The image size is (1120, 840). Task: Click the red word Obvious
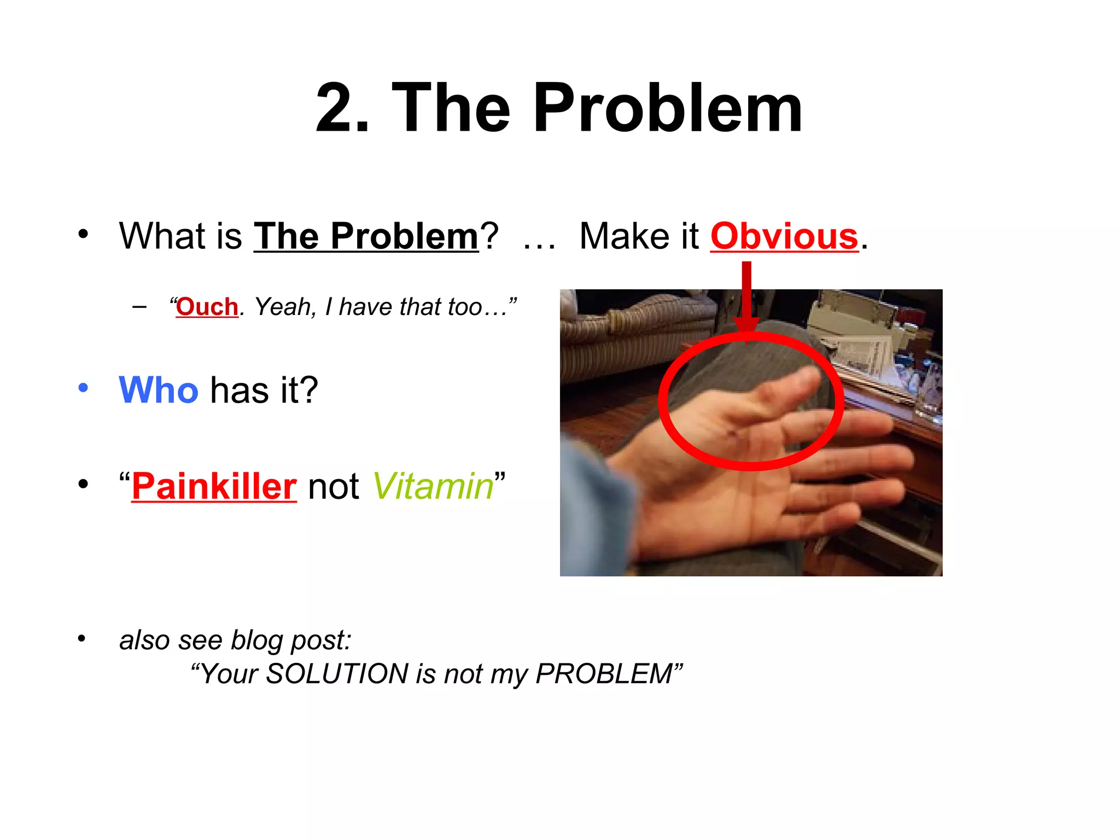click(x=784, y=237)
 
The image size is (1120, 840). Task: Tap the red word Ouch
click(x=207, y=307)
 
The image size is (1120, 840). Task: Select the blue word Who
click(x=159, y=390)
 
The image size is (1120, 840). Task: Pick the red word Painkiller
click(x=214, y=486)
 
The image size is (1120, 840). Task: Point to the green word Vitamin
click(x=433, y=486)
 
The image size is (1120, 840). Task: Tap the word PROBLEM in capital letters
click(x=604, y=673)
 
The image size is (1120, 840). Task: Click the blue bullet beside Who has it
click(x=83, y=388)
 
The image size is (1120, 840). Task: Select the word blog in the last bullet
click(x=255, y=640)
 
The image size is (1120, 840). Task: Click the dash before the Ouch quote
click(x=139, y=307)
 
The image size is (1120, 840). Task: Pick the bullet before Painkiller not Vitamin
click(x=83, y=484)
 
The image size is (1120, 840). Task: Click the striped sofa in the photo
click(x=618, y=339)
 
